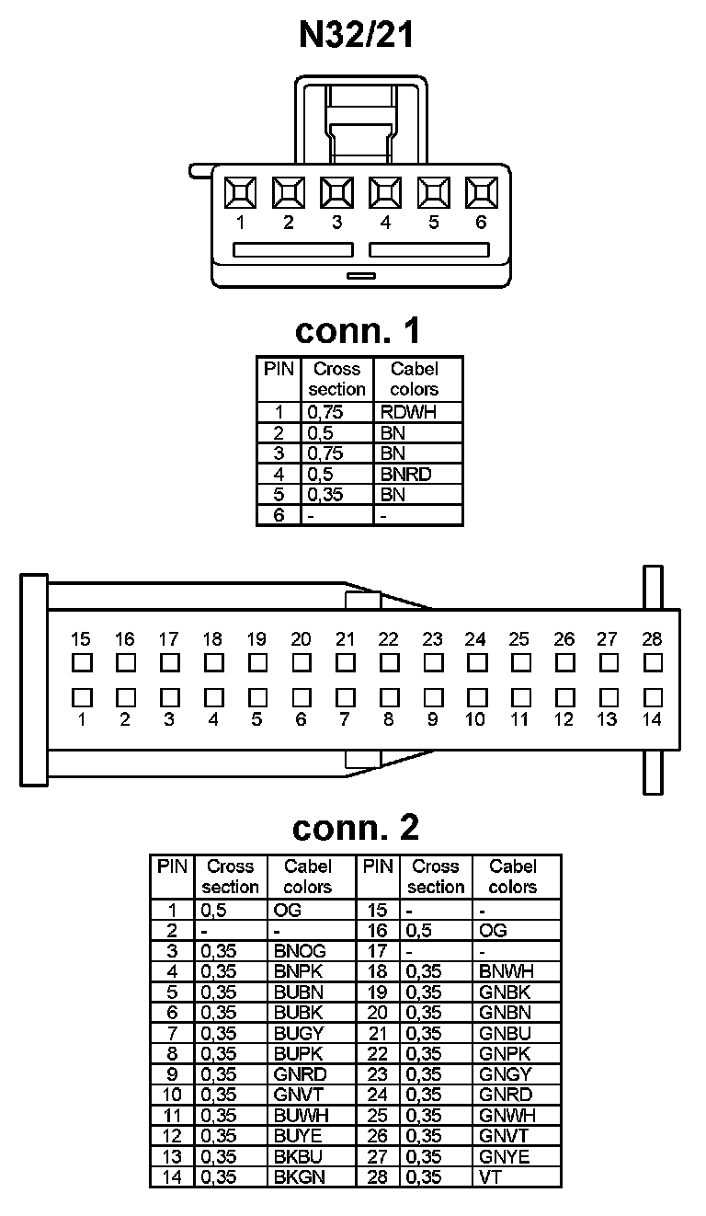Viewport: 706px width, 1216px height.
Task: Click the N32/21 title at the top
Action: click(357, 35)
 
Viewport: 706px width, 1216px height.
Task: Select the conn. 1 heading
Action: click(357, 330)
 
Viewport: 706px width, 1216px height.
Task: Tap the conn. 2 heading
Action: click(355, 828)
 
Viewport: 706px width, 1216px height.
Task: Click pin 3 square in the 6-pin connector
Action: click(336, 193)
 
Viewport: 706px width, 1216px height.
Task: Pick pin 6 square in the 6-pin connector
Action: click(481, 193)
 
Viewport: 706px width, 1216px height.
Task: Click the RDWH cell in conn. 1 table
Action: click(408, 412)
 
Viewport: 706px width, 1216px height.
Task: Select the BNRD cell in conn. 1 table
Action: click(405, 475)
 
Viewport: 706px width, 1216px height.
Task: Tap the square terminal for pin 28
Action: click(653, 662)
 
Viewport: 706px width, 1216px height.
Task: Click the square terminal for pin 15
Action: click(81, 662)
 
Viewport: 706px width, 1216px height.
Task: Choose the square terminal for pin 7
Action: click(345, 697)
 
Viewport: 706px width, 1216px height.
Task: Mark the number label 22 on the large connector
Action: click(388, 639)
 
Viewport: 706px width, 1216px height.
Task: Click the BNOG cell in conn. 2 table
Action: click(300, 951)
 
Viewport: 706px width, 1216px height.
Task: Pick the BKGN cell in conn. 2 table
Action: click(300, 1176)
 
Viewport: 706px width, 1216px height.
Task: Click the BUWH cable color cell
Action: click(301, 1115)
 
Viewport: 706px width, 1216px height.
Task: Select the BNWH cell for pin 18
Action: click(507, 971)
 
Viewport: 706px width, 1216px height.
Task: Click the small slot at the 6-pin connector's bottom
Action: click(359, 275)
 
